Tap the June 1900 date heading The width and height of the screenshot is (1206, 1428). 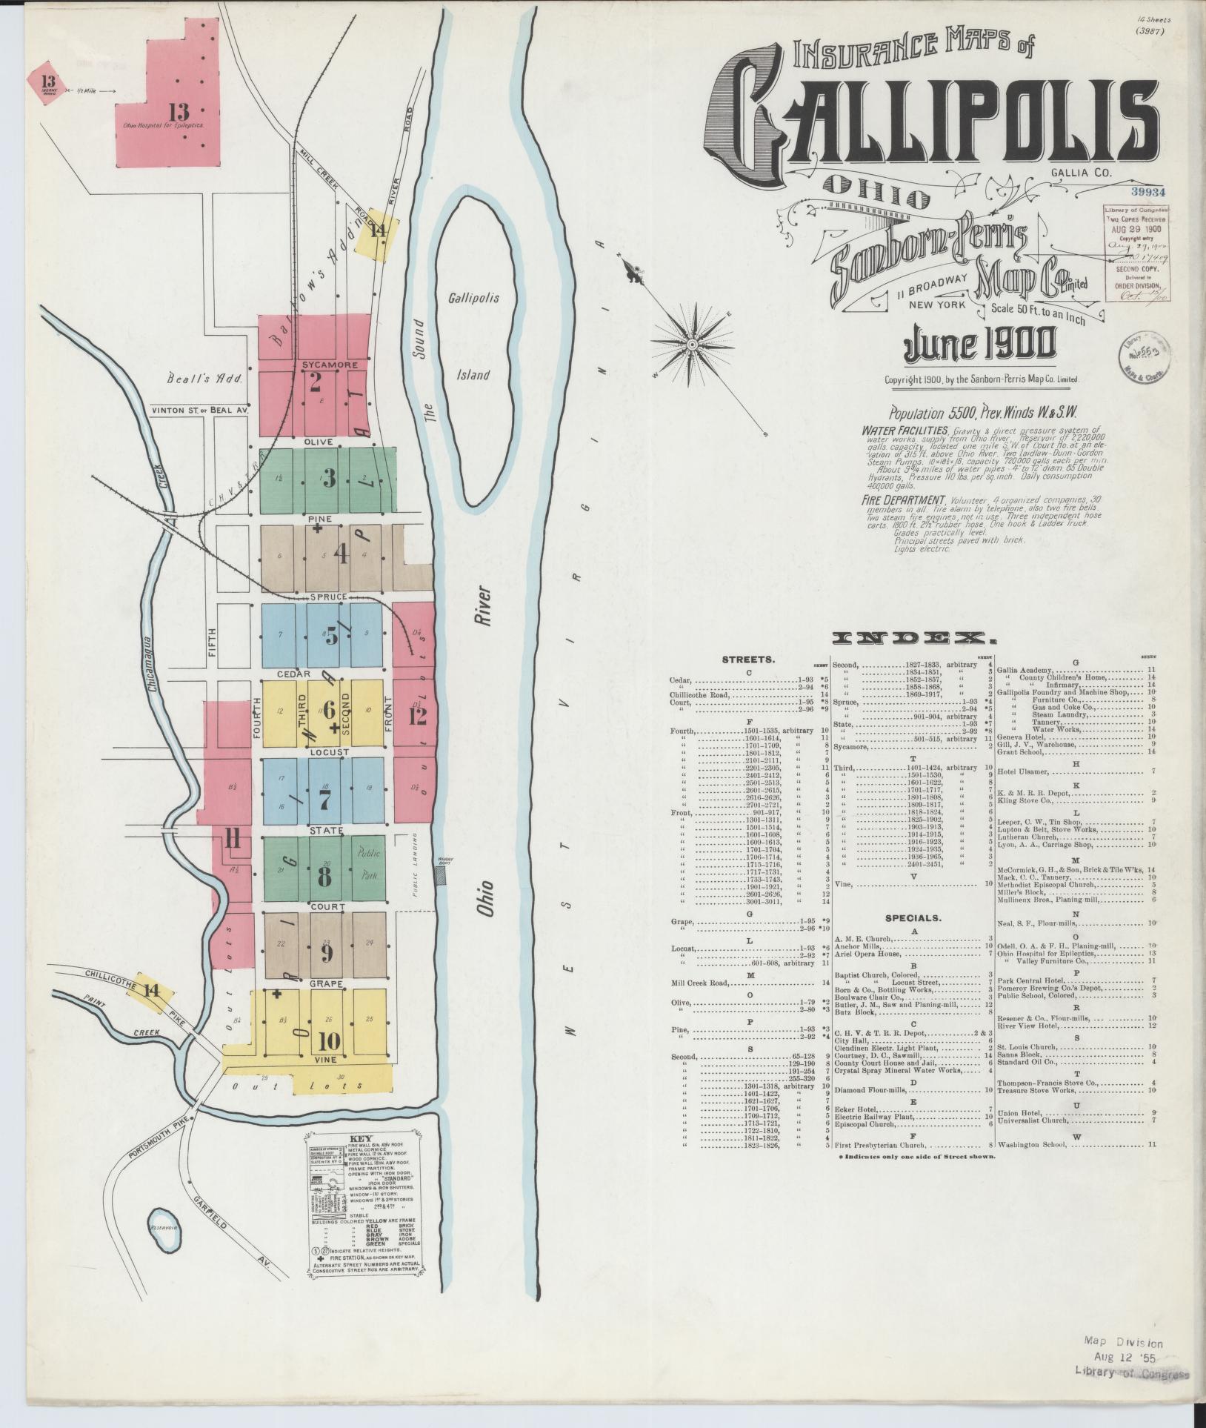979,345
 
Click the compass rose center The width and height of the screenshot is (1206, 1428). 691,344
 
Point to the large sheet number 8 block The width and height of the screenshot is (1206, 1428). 324,876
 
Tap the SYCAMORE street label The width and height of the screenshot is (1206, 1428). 329,365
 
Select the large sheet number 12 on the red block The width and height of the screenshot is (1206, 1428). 417,715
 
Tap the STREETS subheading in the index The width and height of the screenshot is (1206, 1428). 748,659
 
